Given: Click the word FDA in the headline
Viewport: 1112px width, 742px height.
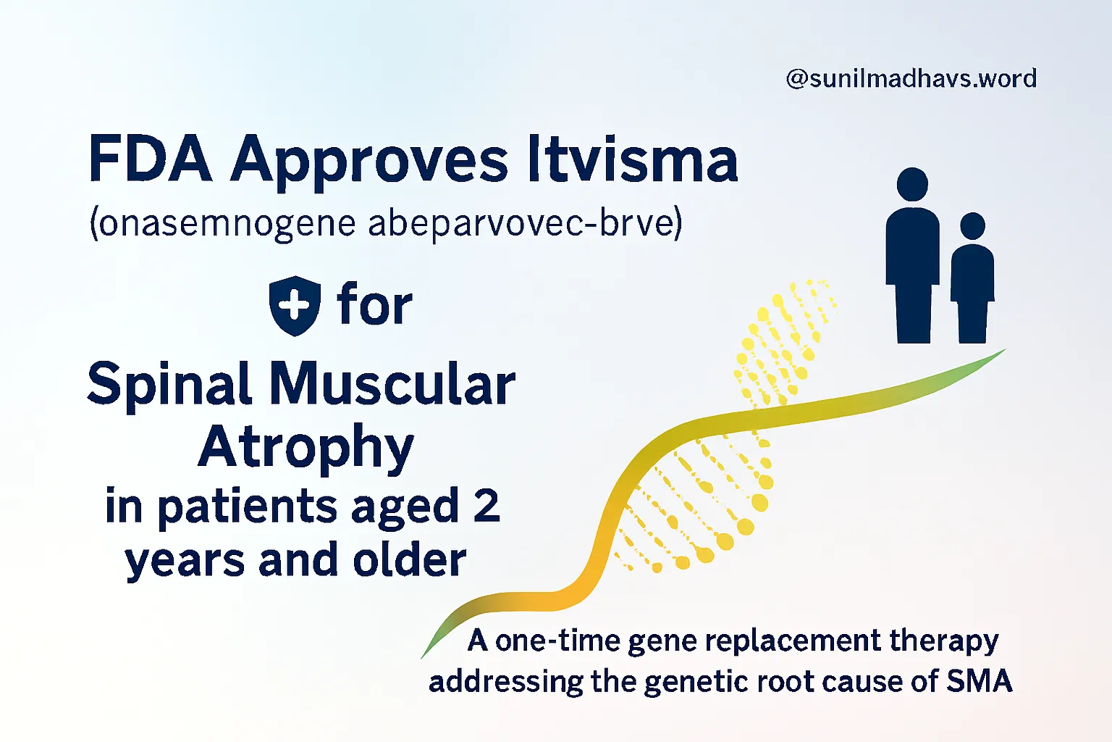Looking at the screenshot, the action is pos(151,157).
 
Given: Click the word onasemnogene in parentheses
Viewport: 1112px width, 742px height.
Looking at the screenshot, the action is pos(223,225).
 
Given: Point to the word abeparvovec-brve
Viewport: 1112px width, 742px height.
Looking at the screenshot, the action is pos(526,223).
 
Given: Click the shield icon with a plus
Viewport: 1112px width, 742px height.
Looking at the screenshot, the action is pos(295,306).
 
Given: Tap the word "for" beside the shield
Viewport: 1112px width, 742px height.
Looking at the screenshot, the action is pos(375,303).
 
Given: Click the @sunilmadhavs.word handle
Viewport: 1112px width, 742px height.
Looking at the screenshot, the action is pos(911,79).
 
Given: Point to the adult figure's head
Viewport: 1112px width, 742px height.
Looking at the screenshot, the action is pos(912,184).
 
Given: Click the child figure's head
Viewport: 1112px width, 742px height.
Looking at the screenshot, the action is pos(972,225).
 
